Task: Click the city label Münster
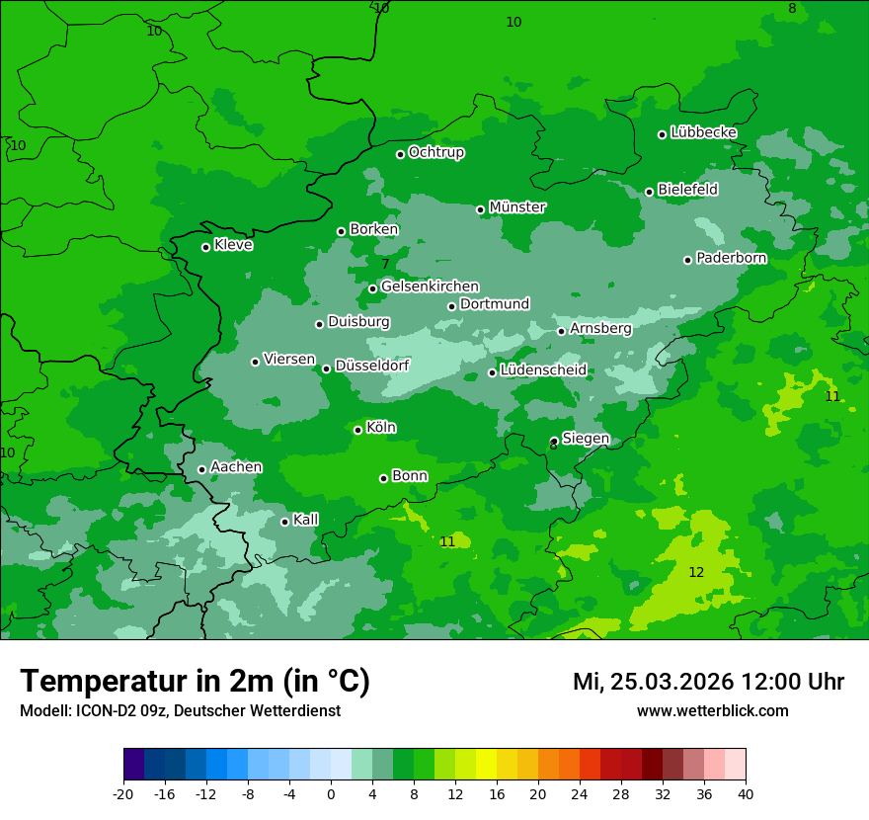coord(517,207)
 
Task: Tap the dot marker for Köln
coord(357,430)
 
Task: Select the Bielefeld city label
coord(687,190)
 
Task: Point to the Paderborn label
coord(731,258)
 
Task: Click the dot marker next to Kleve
coord(205,247)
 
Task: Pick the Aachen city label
coord(236,467)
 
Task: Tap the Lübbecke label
coord(703,132)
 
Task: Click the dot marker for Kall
coord(284,522)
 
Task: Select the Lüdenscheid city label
coord(543,370)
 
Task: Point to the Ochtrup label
coord(435,152)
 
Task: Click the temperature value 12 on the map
coord(696,573)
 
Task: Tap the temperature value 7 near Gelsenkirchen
coord(385,264)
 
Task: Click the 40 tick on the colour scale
coord(746,793)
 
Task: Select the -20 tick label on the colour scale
coord(123,793)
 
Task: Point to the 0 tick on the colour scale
coord(331,793)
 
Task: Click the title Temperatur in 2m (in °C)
coord(195,682)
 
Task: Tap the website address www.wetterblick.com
coord(712,711)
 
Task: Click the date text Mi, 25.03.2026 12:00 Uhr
coord(708,682)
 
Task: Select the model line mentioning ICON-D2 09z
coord(180,711)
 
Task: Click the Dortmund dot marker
coord(451,306)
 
